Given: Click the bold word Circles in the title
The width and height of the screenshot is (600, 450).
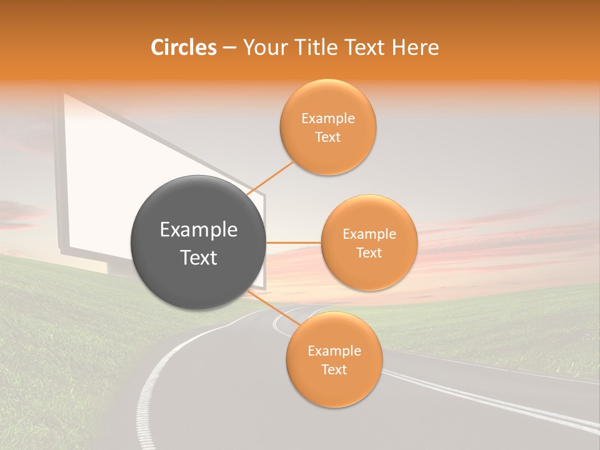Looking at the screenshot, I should (183, 47).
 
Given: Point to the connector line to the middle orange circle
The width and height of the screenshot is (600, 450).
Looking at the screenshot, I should (294, 242).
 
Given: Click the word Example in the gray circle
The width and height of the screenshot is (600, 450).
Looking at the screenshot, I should (199, 230).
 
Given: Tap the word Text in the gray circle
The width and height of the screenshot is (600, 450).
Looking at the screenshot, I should (199, 257).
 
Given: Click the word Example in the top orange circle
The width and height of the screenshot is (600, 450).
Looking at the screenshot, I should (327, 119).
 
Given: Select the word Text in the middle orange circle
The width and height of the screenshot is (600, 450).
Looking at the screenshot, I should (369, 253).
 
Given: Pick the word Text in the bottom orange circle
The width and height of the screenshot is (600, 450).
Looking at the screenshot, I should (334, 370).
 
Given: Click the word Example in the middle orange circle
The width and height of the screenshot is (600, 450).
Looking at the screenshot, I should (369, 234).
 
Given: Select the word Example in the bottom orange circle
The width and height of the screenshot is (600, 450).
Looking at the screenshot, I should (334, 351).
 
